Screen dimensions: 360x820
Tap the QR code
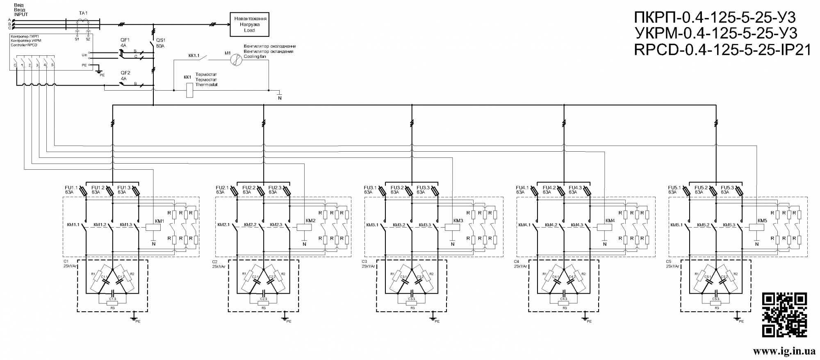pos(784,314)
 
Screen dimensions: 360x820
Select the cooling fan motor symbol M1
pos(237,60)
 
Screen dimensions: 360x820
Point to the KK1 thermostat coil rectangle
pos(190,90)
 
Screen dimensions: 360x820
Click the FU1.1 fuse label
pos(71,187)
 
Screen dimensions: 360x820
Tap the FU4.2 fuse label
pos(549,187)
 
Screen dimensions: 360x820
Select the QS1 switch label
pos(160,40)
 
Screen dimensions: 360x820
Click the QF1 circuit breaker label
pos(125,40)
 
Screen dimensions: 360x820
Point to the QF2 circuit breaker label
pos(125,72)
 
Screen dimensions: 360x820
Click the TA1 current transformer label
pos(83,13)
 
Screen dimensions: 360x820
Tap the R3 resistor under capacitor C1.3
pos(112,303)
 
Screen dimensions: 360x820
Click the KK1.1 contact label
pos(194,55)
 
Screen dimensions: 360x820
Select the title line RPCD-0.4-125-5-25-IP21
pos(722,50)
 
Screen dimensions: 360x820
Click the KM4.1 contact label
pos(524,225)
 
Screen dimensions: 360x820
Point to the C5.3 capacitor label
pos(715,298)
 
